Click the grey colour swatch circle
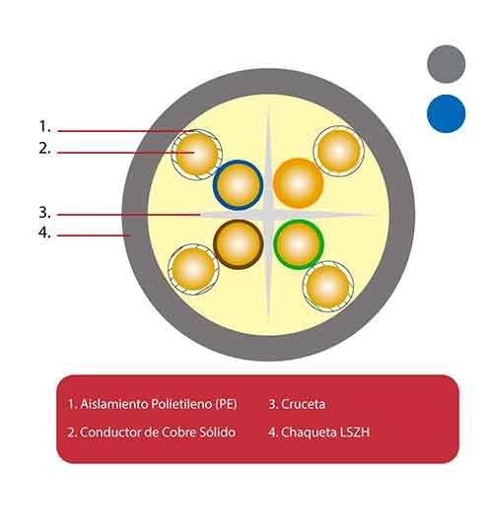click(x=446, y=64)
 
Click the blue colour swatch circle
click(x=446, y=113)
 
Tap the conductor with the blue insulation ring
click(x=239, y=185)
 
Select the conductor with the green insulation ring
click(x=299, y=244)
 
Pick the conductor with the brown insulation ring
click(x=239, y=244)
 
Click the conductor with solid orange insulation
click(x=299, y=183)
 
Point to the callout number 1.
click(x=44, y=126)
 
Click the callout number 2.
click(x=44, y=148)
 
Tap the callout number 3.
click(x=44, y=213)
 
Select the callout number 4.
click(x=44, y=233)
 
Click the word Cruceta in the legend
click(x=303, y=404)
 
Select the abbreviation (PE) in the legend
click(x=226, y=404)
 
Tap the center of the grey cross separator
click(x=268, y=215)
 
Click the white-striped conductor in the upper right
click(x=339, y=152)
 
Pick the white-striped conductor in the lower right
click(x=328, y=287)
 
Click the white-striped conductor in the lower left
click(x=193, y=269)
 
